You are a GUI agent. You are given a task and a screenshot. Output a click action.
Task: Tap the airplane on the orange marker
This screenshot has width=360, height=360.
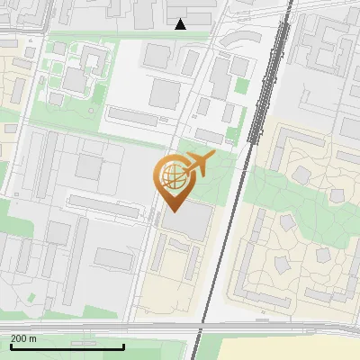coord(198,164)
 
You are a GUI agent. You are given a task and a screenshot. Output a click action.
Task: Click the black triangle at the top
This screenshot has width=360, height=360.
coord(181,24)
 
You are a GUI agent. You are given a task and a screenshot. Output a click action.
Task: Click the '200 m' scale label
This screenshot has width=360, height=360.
coord(24,338)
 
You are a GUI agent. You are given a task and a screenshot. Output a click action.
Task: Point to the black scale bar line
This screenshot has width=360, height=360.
coord(67,346)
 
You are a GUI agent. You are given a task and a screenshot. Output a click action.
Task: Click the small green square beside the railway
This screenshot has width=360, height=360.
coord(241,86)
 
